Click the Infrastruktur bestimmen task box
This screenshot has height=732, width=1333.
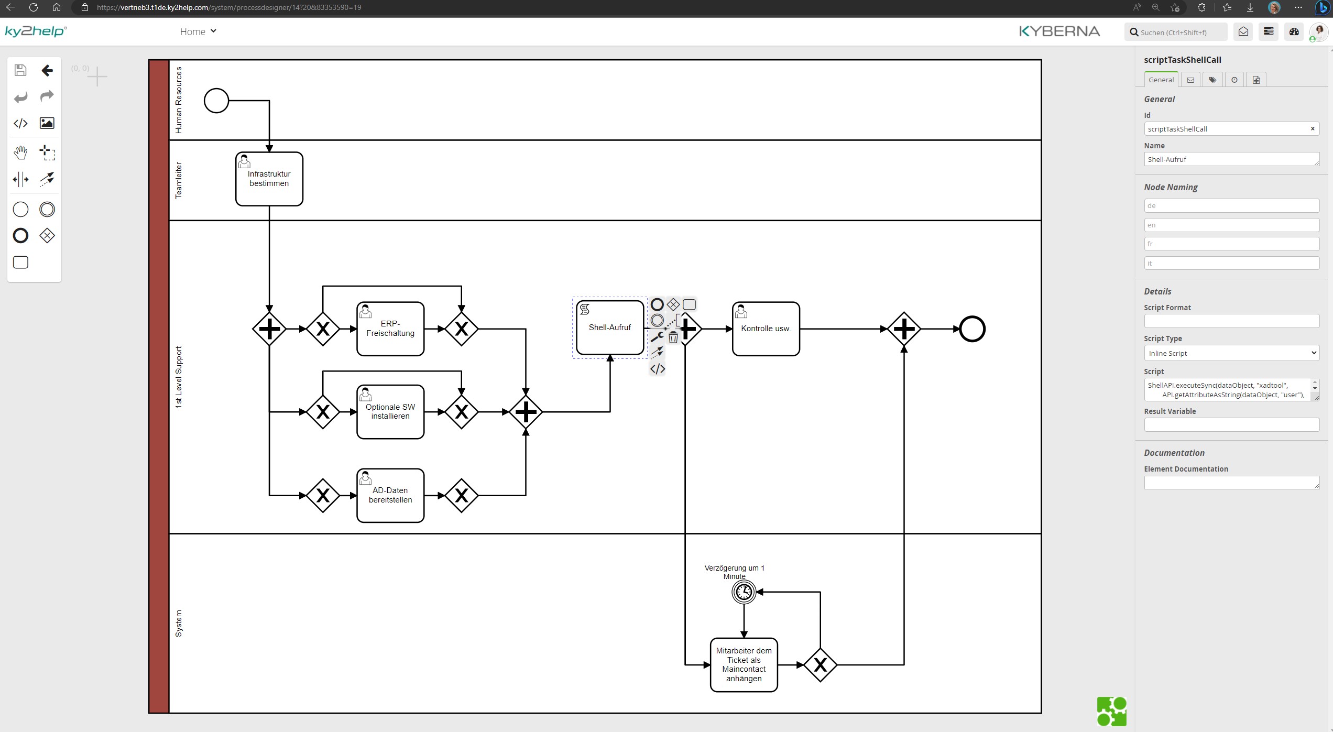269,179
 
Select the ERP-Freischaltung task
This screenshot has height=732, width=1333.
390,329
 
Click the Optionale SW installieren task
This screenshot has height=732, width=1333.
390,412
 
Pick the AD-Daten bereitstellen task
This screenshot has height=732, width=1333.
390,496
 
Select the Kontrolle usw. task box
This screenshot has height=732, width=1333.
766,329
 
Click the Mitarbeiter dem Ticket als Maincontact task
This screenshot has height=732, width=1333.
744,665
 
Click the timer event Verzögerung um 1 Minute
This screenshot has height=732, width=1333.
744,592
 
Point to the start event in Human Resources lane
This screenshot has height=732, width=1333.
216,101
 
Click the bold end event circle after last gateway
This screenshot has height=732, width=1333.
972,329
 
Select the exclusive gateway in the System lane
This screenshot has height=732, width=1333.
820,665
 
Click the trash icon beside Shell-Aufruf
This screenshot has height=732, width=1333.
673,338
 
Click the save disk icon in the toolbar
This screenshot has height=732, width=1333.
20,70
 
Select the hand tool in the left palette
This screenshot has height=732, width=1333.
20,153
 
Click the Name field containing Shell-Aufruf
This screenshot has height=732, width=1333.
1230,159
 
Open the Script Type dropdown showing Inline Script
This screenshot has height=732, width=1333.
1231,353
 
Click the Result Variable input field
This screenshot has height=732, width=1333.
1231,425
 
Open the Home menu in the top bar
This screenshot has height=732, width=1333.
198,32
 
